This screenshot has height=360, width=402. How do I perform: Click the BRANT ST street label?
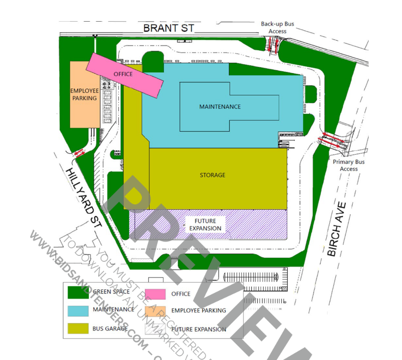coord(168,28)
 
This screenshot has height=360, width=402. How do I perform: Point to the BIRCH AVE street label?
coord(337,229)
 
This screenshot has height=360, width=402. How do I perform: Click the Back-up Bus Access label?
coord(277,28)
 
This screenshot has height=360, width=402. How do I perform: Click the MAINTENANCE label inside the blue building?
coord(220,107)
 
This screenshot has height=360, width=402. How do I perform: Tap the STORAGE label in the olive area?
coord(213,175)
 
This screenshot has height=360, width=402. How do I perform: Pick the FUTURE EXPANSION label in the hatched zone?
coord(205,225)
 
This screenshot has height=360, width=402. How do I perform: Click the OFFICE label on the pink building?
coord(123,74)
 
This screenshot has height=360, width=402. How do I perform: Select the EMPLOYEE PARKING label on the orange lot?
coord(84,94)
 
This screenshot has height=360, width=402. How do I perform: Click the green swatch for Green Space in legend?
coord(78,293)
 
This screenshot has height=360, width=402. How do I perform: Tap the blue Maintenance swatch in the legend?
coord(78,310)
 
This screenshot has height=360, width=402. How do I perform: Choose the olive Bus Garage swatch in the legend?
coord(78,328)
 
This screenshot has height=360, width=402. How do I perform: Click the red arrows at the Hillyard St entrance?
coord(79,153)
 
